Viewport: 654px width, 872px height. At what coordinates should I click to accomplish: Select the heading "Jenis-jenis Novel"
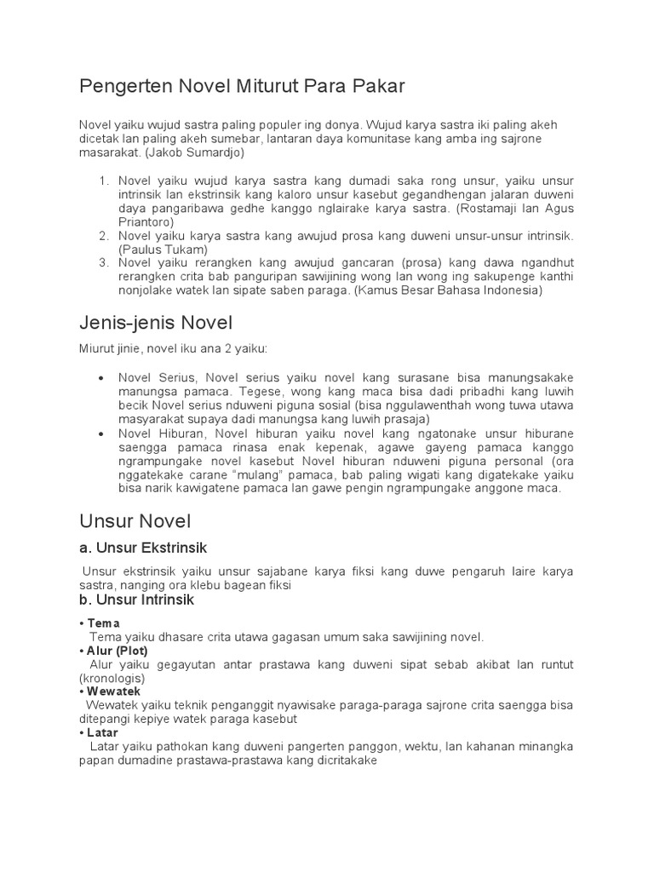[156, 323]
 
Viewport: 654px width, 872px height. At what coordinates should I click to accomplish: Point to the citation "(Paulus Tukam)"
[163, 249]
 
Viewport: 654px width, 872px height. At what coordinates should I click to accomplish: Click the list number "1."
[105, 181]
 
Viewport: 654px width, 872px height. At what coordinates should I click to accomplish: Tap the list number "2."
[105, 235]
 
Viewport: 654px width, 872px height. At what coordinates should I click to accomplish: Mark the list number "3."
[105, 262]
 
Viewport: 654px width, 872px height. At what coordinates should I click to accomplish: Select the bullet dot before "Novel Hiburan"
[101, 433]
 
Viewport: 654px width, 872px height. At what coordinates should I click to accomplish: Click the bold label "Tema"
[104, 623]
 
